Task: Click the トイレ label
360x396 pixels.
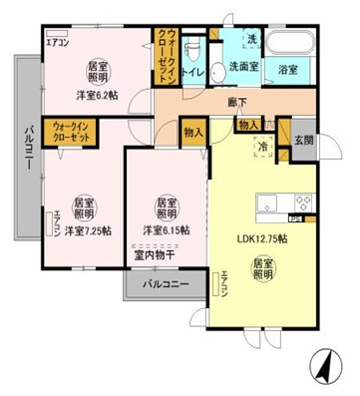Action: point(196,72)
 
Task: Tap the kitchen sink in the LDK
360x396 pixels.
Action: point(269,205)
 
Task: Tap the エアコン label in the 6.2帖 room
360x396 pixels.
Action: point(57,43)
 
